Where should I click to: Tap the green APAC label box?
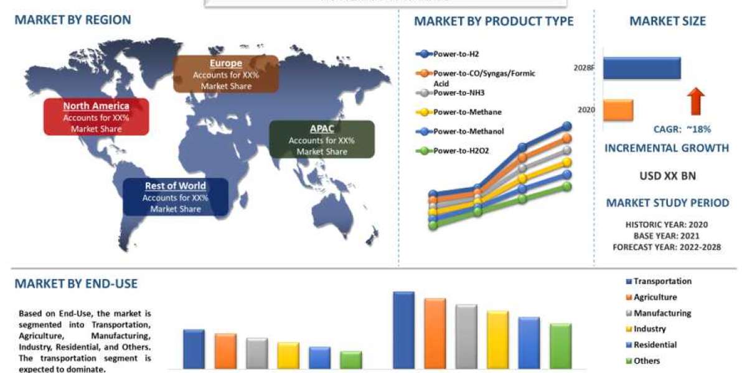pos(321,140)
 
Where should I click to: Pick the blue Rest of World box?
pos(175,197)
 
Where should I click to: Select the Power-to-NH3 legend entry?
pos(458,93)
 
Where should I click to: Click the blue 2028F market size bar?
pos(642,68)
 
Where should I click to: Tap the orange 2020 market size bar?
pos(618,109)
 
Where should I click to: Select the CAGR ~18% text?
pos(682,129)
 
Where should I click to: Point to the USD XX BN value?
pos(667,176)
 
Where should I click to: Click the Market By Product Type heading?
pos(494,21)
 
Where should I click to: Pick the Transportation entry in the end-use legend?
pos(661,282)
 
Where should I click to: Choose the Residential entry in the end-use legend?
pos(654,345)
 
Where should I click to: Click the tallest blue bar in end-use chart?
pos(404,330)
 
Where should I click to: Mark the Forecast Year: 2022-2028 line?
pos(667,247)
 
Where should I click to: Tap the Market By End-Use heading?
pos(75,284)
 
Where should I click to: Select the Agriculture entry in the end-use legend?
pos(654,298)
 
